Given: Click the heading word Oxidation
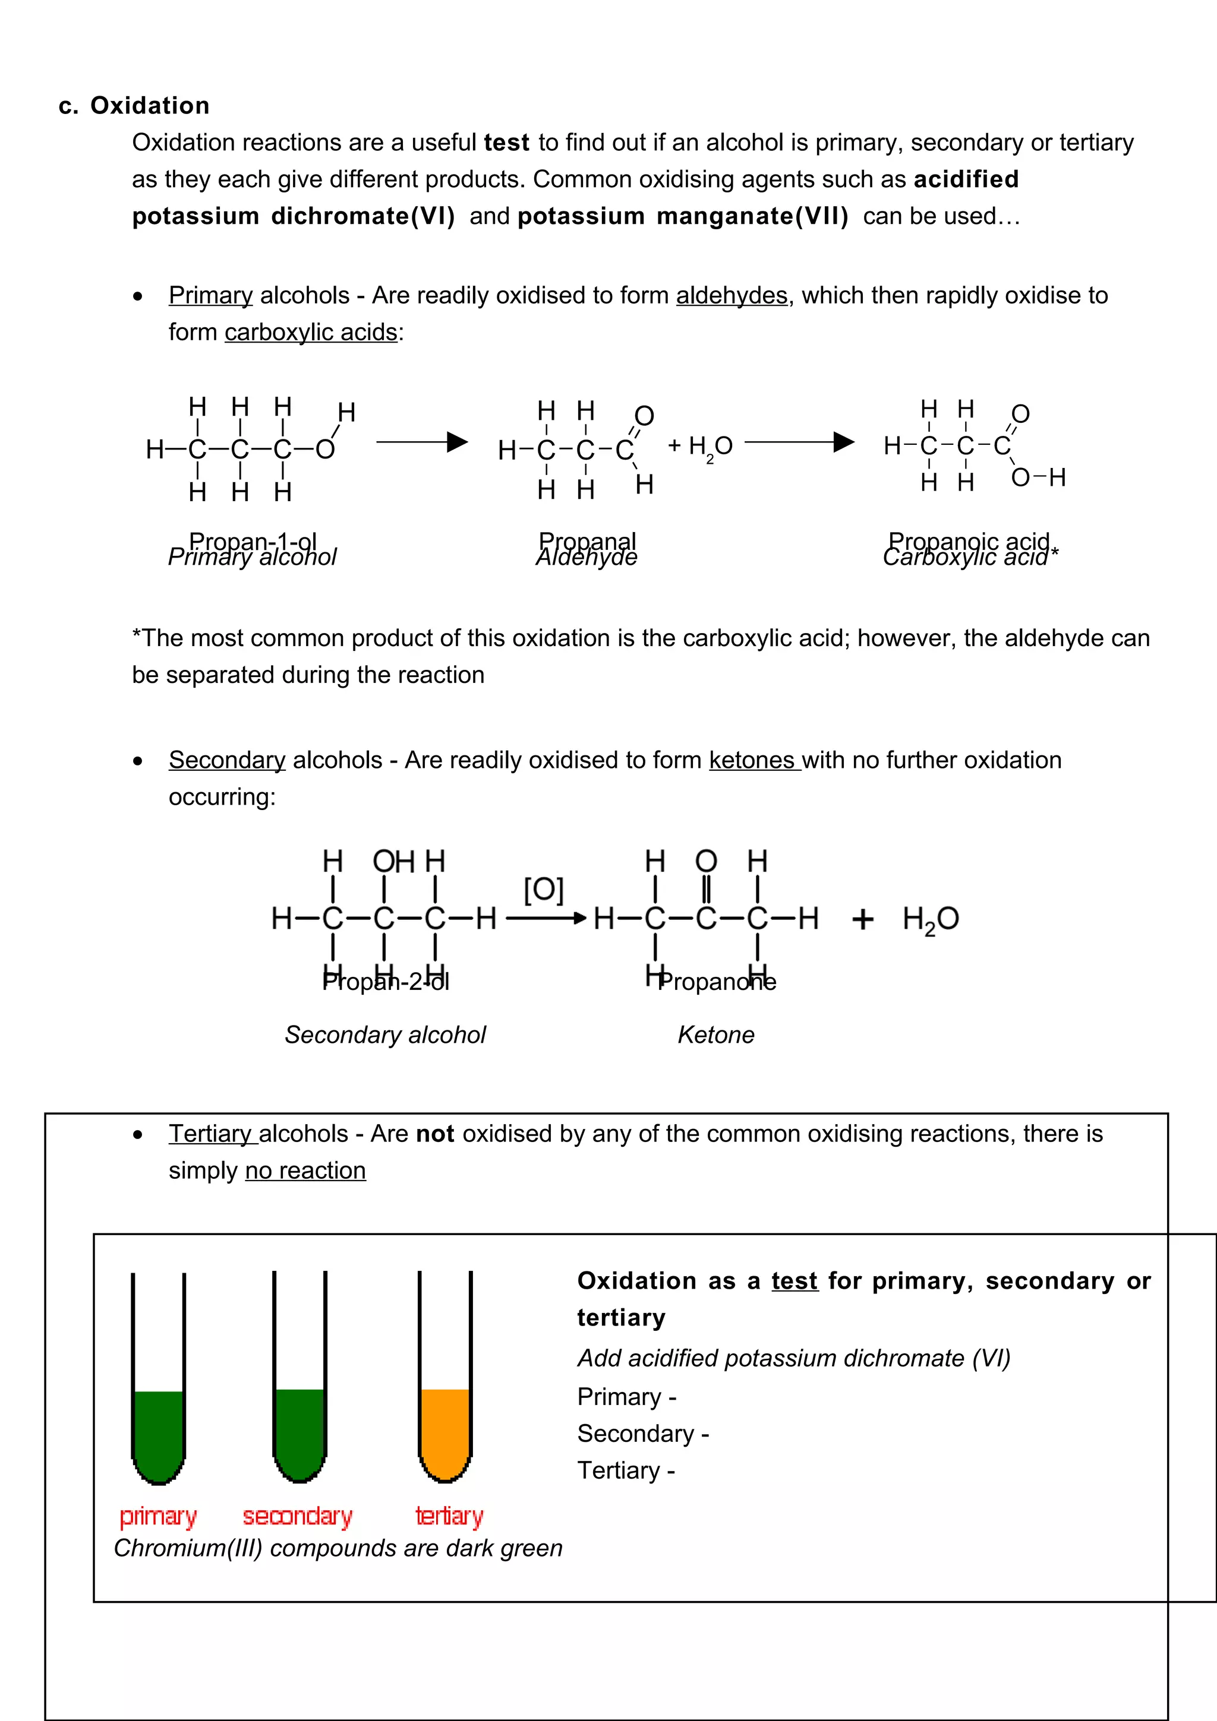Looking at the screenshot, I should pyautogui.click(x=149, y=106).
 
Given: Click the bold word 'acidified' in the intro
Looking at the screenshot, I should pyautogui.click(x=965, y=179).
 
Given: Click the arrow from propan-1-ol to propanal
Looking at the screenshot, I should pyautogui.click(x=421, y=442).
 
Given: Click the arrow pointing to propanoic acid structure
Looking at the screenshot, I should pyautogui.click(x=799, y=442).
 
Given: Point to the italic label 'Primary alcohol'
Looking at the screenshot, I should pyautogui.click(x=252, y=558).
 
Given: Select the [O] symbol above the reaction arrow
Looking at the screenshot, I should pyautogui.click(x=543, y=890).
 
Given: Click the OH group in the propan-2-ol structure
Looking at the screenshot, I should pyautogui.click(x=393, y=861).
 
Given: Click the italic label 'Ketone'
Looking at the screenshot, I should pyautogui.click(x=715, y=1035).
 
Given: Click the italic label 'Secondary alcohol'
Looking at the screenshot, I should pyautogui.click(x=384, y=1035).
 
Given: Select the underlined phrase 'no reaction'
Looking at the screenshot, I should pyautogui.click(x=305, y=1171).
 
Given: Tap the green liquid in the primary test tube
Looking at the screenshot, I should pyautogui.click(x=158, y=1432).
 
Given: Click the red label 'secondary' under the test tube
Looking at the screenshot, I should pyautogui.click(x=297, y=1516).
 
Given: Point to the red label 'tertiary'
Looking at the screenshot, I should pyautogui.click(x=449, y=1516).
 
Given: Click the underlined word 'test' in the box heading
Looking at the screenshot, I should pyautogui.click(x=794, y=1281).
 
